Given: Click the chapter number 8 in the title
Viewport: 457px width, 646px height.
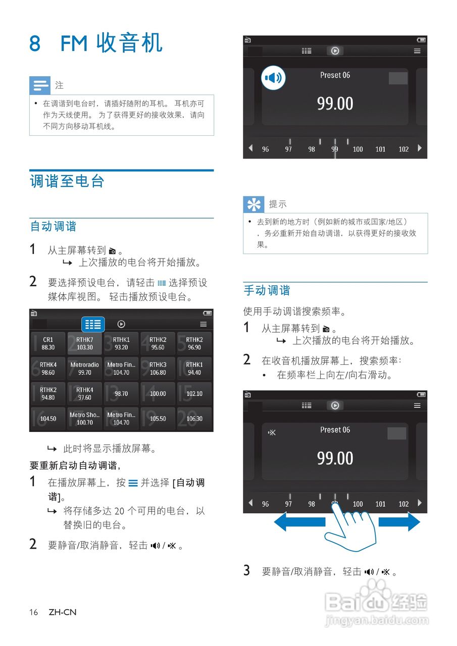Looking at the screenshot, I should (35, 43).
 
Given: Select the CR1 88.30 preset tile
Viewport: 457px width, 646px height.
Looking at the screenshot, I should (48, 344).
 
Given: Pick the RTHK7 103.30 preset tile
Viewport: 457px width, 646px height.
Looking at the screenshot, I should (84, 344).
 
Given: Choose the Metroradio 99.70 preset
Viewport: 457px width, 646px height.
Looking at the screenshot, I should (84, 368).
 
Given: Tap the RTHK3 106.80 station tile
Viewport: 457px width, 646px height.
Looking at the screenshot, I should (158, 368).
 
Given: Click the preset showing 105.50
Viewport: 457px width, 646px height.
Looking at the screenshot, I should (158, 419).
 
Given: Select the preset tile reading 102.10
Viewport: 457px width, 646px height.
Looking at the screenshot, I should (194, 394).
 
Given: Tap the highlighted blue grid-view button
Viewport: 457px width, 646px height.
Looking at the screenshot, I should (93, 324).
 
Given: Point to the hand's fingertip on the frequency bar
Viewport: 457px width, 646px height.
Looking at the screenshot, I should (335, 505).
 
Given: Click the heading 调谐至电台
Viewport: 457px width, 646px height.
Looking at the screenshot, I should (67, 182).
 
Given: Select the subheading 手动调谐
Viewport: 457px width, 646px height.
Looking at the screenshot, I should (267, 291).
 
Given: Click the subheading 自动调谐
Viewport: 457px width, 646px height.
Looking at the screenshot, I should (54, 227).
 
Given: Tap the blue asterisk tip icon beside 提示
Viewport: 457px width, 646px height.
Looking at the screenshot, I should (253, 204).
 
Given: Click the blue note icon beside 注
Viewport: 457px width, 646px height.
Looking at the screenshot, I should (40, 85).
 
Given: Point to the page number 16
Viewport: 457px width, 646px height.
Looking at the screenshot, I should (33, 612).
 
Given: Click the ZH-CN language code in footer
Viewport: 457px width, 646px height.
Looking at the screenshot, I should (63, 612).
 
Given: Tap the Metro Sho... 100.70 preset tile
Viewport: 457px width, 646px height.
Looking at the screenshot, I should (84, 419).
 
